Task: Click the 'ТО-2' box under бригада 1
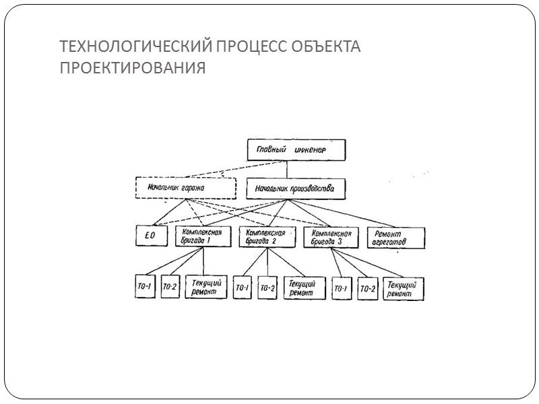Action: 170,287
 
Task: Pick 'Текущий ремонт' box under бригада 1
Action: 204,287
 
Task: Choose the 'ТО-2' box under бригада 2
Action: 267,288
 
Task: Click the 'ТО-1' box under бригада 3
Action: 341,289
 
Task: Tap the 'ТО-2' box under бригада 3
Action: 367,289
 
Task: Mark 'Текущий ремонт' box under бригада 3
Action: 402,289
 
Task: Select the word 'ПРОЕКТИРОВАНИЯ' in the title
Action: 132,69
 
